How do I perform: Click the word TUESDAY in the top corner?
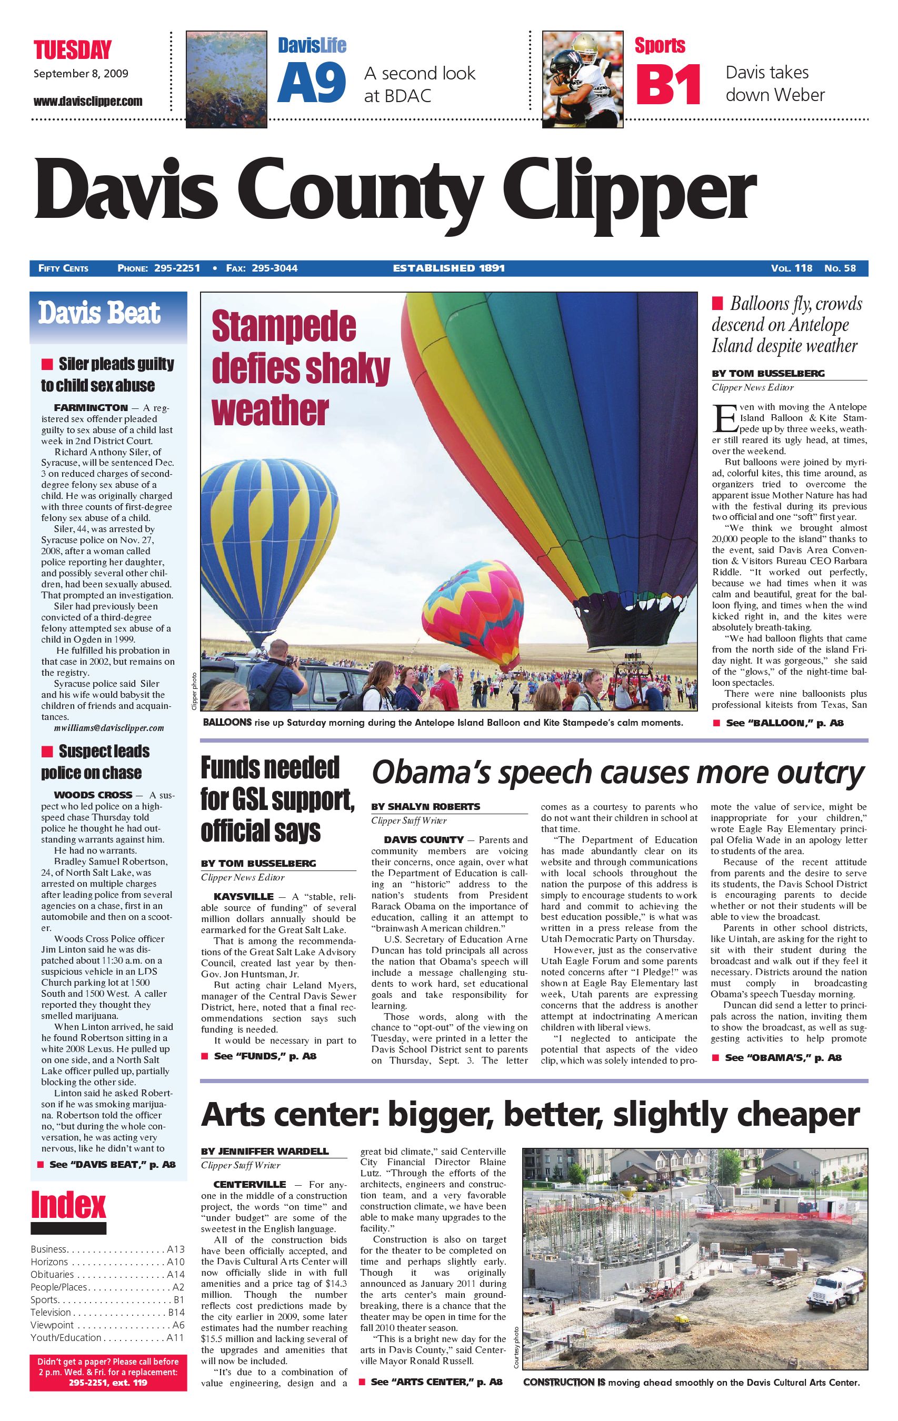click(x=72, y=50)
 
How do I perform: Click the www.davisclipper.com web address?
click(x=87, y=101)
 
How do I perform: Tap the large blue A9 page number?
click(x=311, y=84)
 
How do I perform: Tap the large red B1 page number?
click(x=668, y=84)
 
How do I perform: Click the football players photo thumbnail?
click(x=582, y=79)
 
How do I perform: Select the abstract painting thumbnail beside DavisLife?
click(x=227, y=79)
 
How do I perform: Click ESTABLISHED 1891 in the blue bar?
click(x=448, y=268)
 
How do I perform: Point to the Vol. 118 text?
click(x=791, y=268)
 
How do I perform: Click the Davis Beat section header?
click(x=99, y=313)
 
